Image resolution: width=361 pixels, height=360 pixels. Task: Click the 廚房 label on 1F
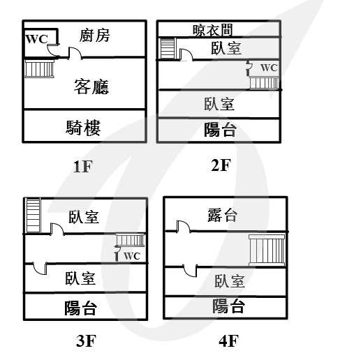point(94,36)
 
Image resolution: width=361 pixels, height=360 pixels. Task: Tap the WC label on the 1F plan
point(37,39)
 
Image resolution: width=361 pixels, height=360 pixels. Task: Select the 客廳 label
point(91,87)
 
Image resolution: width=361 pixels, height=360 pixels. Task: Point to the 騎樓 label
point(83,128)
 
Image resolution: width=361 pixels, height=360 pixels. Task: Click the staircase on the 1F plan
point(40,68)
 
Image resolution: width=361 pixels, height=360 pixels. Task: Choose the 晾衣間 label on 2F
point(212,30)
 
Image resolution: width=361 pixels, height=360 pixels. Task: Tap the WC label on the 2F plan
point(269,68)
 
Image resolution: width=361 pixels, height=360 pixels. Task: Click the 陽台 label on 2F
point(220,130)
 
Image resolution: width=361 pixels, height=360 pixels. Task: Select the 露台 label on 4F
point(223,215)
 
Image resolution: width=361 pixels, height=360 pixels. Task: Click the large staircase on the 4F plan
point(267,250)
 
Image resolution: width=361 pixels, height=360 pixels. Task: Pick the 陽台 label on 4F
point(228,306)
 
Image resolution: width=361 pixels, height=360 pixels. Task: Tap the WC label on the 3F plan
point(132,256)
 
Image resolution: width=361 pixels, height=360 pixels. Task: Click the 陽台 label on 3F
point(80,308)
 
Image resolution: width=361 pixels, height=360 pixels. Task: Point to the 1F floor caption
point(83,167)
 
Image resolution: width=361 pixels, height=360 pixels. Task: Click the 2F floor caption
point(221,165)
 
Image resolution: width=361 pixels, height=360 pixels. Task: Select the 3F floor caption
point(86,340)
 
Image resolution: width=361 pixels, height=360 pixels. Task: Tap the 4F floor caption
point(229,340)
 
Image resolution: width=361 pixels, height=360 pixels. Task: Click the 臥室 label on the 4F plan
point(230,281)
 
